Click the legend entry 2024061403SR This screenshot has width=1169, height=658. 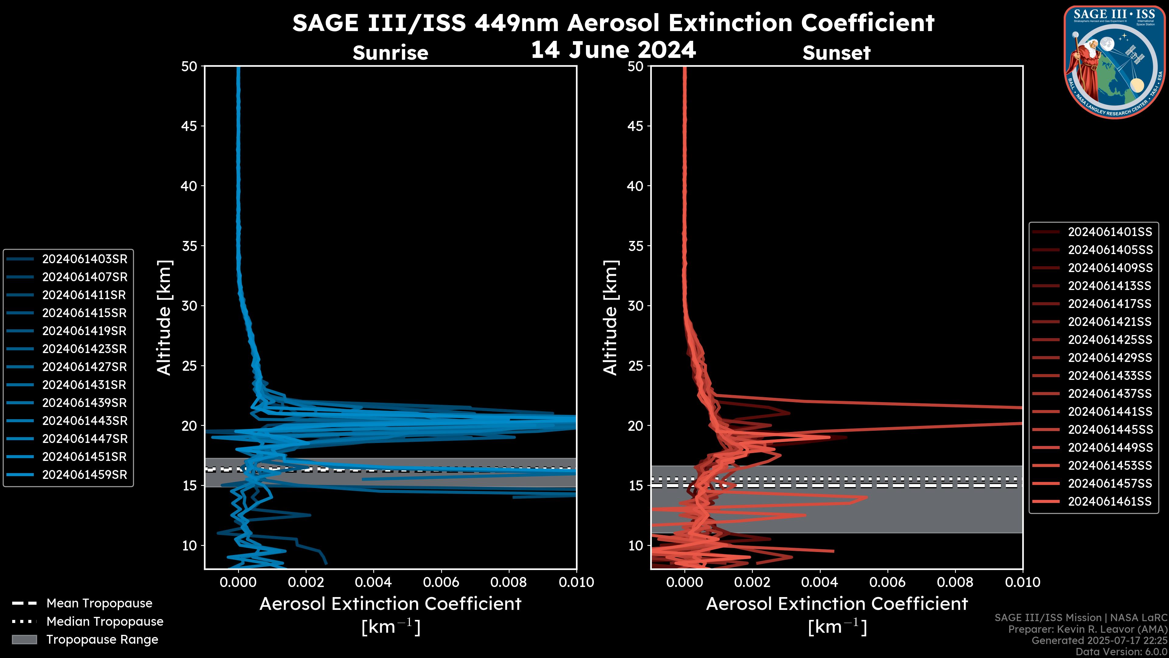click(x=84, y=259)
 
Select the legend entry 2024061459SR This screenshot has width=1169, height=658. click(x=84, y=475)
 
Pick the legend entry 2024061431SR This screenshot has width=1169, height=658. click(x=84, y=385)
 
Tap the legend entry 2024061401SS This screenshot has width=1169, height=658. click(x=1110, y=232)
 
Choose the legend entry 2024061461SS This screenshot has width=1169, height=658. click(x=1110, y=501)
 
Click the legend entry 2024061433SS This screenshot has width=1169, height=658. click(x=1110, y=376)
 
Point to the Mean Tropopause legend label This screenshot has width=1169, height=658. click(x=99, y=603)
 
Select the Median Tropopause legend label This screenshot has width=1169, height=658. click(x=104, y=621)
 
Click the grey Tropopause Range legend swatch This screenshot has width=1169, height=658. click(x=24, y=639)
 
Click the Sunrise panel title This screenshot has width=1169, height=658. click(x=390, y=53)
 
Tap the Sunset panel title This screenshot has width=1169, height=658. click(x=836, y=53)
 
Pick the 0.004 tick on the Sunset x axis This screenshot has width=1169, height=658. click(x=820, y=582)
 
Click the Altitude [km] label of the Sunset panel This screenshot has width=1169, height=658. click(x=610, y=318)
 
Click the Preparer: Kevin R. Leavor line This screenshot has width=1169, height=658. click(x=1087, y=629)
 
